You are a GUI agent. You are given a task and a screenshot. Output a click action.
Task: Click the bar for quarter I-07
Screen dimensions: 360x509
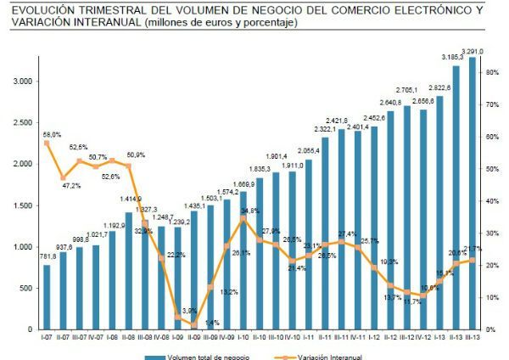pyautogui.click(x=47, y=297)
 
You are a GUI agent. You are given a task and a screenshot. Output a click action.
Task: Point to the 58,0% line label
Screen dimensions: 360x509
pyautogui.click(x=52, y=134)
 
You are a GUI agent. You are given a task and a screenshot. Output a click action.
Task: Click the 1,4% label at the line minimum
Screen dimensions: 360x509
pyautogui.click(x=212, y=323)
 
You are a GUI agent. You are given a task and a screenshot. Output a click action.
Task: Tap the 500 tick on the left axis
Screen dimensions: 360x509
pyautogui.click(x=25, y=288)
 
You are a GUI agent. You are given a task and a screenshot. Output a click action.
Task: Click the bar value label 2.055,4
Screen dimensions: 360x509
pyautogui.click(x=308, y=150)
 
